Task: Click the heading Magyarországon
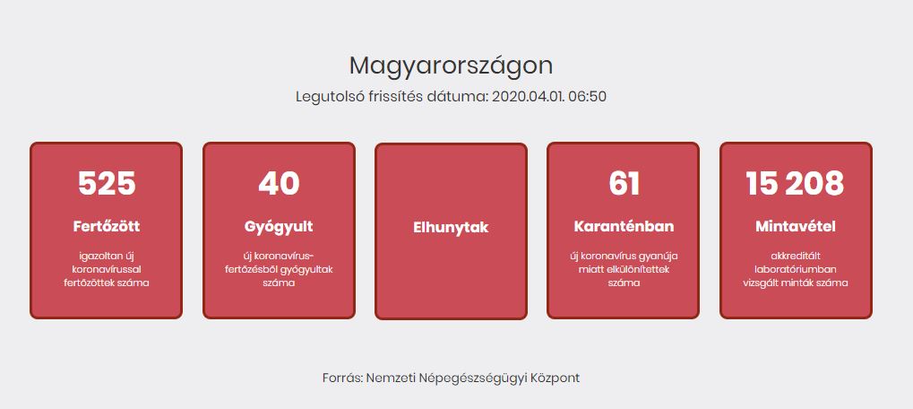(451, 66)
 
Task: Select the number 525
(107, 184)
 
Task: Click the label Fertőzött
(107, 226)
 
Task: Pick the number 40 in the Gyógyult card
(279, 184)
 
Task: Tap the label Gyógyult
(279, 227)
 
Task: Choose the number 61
(624, 184)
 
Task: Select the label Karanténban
(624, 226)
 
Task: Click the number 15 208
(795, 184)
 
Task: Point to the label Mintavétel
(796, 226)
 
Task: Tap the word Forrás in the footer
(343, 379)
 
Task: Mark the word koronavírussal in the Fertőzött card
(107, 270)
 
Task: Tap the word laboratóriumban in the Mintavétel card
(796, 270)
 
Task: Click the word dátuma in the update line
(465, 97)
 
